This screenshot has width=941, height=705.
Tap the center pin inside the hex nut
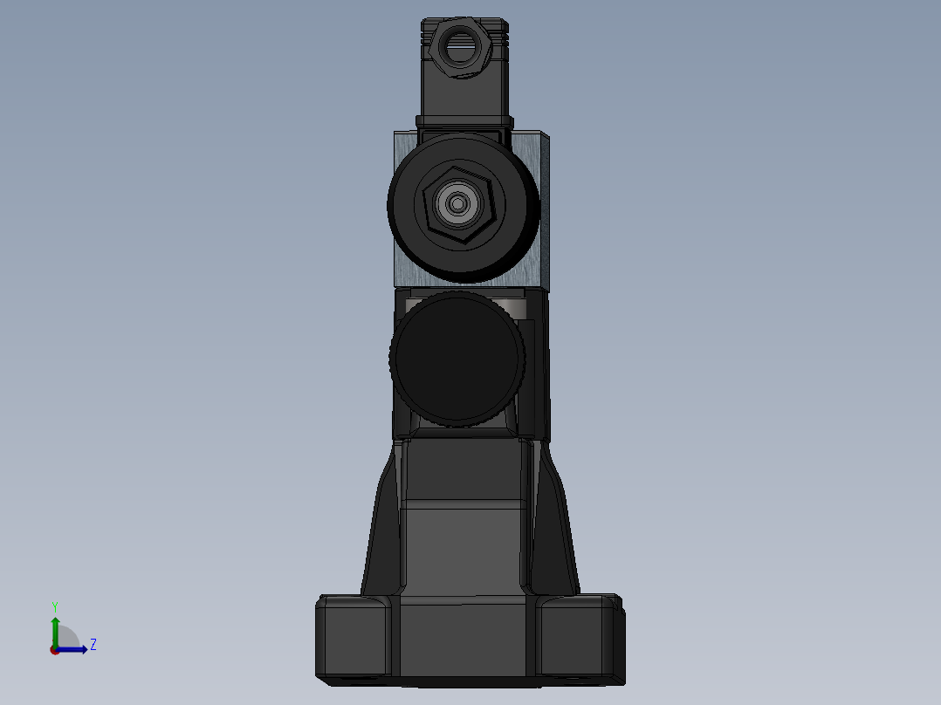[x=458, y=205]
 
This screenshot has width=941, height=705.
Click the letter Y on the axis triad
[x=55, y=606]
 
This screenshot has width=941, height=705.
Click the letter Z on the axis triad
[x=93, y=645]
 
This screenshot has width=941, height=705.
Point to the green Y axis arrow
[x=55, y=630]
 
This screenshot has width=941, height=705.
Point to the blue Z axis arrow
[x=75, y=649]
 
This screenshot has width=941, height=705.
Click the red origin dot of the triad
[x=54, y=650]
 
